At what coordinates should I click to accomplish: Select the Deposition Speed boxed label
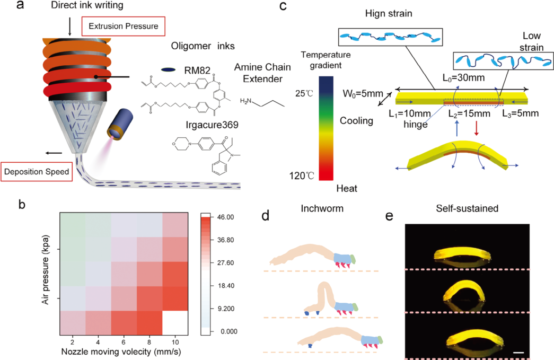[37, 172]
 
